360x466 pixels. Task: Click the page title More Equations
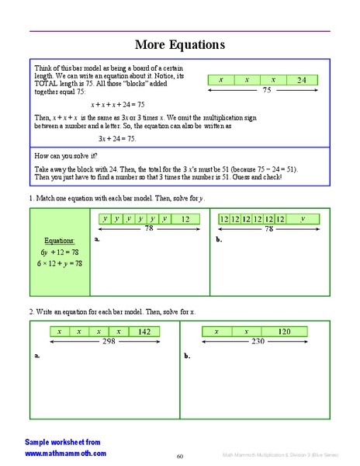click(x=180, y=44)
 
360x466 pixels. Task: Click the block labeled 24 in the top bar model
click(x=302, y=80)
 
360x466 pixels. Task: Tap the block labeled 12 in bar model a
click(x=185, y=219)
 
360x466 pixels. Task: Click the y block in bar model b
click(x=303, y=219)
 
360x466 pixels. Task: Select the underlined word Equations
click(x=58, y=240)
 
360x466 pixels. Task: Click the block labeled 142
click(x=144, y=332)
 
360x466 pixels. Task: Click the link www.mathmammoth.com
click(x=65, y=453)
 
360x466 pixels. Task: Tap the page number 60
click(x=179, y=456)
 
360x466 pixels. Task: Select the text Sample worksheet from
click(x=62, y=441)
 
